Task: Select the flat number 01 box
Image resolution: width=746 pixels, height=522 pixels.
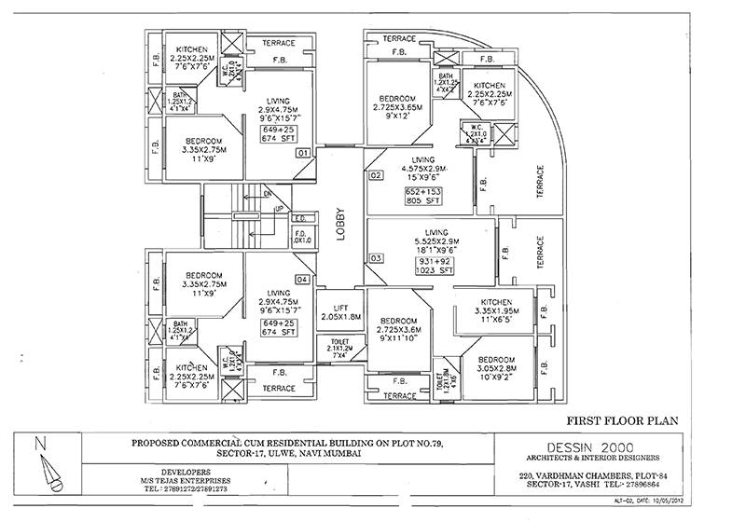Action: pos(302,152)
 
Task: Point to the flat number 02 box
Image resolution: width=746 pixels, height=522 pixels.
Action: pos(377,175)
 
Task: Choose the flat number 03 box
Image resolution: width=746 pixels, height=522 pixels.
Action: pos(377,257)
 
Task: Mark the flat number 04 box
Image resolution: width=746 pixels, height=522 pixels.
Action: pos(302,279)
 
